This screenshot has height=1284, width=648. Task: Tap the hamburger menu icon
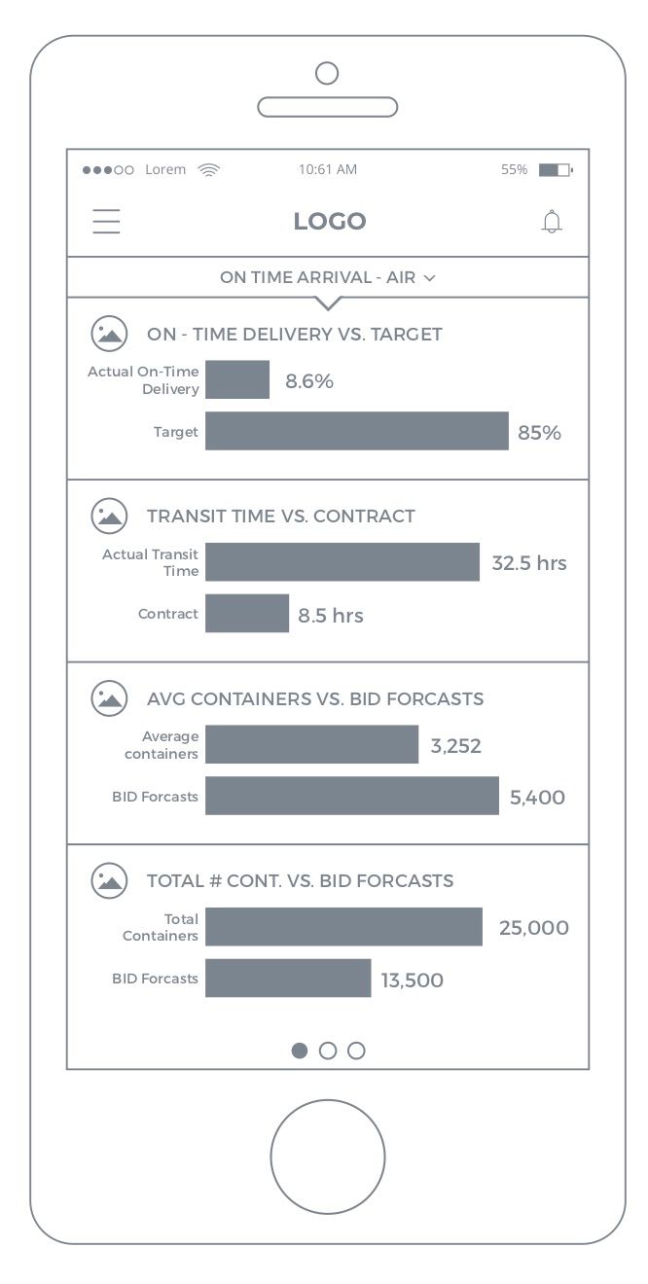pos(106,222)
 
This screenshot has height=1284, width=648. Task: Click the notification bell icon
pos(552,222)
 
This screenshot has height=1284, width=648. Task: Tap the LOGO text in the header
pos(330,222)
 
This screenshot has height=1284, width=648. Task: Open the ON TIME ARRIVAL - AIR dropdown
pos(328,277)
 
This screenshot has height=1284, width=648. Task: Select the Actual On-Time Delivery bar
pos(237,379)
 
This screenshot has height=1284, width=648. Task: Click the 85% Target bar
pos(356,431)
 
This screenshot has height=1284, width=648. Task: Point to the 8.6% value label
pos(309,381)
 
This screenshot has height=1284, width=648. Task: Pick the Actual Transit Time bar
pos(342,562)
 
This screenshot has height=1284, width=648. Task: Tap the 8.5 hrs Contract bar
pos(247,614)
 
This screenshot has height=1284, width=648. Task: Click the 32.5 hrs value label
pos(528,563)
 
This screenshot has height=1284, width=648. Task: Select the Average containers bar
pos(311,744)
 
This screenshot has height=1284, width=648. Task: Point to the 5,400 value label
pos(537,798)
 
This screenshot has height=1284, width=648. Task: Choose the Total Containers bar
pos(343,926)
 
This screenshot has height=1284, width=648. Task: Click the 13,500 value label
pos(412,981)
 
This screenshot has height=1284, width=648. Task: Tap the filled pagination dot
pos(300,1051)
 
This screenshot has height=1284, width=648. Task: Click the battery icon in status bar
pos(555,170)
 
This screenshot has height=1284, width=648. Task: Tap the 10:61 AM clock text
pos(328,169)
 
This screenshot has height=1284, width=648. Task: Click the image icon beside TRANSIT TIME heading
pos(109,516)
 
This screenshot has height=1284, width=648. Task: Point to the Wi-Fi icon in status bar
pos(208,169)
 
